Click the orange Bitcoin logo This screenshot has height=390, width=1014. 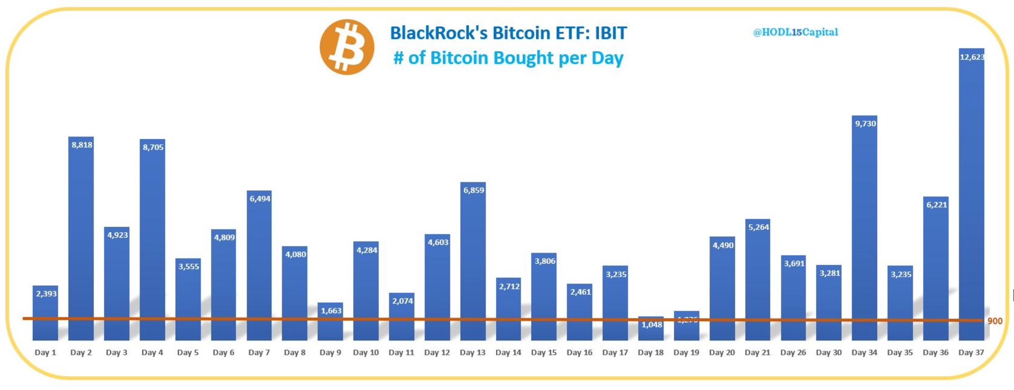(x=347, y=48)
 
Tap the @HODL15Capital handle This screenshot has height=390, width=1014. (x=795, y=32)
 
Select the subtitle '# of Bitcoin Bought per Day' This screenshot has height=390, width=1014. (x=508, y=58)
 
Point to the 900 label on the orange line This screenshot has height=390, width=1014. (x=994, y=321)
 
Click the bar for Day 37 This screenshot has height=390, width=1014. (x=971, y=198)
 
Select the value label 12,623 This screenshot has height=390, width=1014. (x=972, y=57)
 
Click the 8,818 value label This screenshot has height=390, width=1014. (x=82, y=145)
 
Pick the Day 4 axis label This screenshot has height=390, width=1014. (x=152, y=352)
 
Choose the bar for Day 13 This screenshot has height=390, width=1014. (x=473, y=262)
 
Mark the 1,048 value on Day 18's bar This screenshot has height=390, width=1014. (x=652, y=325)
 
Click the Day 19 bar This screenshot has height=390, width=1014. (x=687, y=329)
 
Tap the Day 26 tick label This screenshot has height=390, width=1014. (x=793, y=352)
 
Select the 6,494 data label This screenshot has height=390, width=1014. (x=260, y=199)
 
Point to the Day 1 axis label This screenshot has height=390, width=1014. (x=45, y=352)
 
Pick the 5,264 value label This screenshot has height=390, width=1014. (x=759, y=227)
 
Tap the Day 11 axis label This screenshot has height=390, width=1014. (x=401, y=352)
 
